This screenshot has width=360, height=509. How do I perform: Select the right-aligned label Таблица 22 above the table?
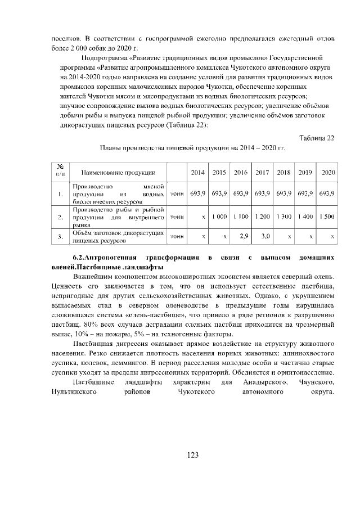(x=317, y=138)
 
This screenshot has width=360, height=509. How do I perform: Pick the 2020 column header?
(x=327, y=172)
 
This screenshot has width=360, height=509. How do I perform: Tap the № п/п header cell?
(x=60, y=172)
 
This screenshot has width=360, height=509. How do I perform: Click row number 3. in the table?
(x=60, y=237)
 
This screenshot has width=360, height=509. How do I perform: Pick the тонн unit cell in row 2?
(x=177, y=216)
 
